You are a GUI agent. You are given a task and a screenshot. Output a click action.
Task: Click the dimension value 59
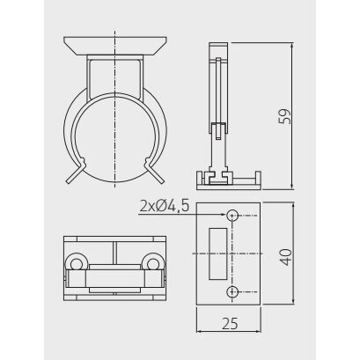(x=284, y=116)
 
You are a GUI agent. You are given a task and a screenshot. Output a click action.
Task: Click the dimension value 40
(x=285, y=257)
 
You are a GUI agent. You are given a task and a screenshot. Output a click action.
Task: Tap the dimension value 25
(x=231, y=324)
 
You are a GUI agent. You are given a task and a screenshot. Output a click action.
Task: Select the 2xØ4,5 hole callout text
(x=165, y=207)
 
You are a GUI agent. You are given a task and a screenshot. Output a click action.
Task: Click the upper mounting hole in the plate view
(x=232, y=216)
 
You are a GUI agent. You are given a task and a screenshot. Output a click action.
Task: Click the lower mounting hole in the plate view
(x=232, y=291)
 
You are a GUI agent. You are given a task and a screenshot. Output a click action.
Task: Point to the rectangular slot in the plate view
(x=217, y=253)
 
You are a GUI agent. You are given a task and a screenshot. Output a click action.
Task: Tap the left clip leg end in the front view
(x=69, y=182)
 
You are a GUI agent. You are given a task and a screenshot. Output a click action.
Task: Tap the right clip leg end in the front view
(x=162, y=182)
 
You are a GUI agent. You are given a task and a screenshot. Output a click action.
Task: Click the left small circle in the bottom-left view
(x=77, y=263)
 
